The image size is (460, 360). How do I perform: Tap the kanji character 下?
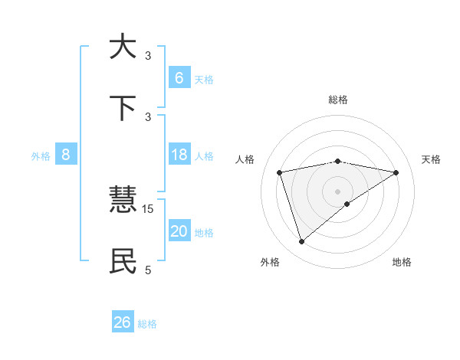point(123,108)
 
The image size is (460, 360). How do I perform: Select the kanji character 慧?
point(123,201)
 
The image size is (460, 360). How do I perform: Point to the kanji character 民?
point(123,262)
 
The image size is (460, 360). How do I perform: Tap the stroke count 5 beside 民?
point(148,270)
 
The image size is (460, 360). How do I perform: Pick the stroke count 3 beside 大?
point(148,56)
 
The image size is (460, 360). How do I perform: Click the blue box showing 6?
point(179,78)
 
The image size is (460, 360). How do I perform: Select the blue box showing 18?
point(179,155)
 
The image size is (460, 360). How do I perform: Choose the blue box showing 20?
point(179,231)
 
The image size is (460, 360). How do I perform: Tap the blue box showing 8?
point(66,155)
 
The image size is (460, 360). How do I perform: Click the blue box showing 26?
point(123,322)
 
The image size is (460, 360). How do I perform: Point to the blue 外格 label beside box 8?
point(41,156)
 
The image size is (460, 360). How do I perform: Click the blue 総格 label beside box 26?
point(147,324)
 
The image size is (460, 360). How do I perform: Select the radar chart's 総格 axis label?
point(338,100)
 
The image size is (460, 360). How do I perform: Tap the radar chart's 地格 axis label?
point(402,262)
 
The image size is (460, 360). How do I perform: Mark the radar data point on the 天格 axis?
point(396,172)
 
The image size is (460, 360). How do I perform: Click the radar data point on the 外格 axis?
point(302,242)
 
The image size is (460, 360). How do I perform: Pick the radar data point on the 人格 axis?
point(280,172)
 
